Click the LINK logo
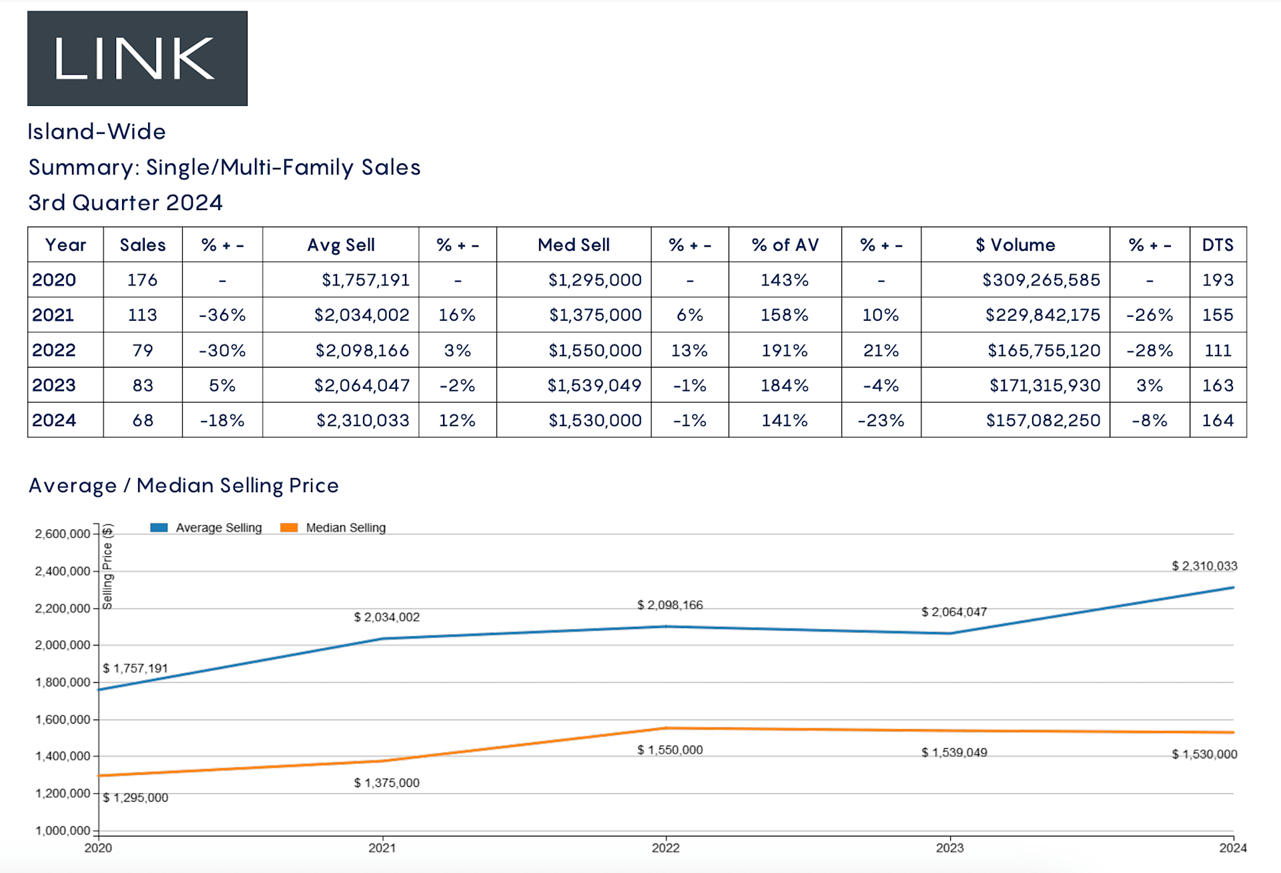[x=137, y=59]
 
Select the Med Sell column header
[x=573, y=245]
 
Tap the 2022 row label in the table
[x=54, y=350]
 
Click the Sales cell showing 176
[x=142, y=280]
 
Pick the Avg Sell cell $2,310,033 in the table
[x=362, y=420]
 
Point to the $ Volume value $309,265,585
[x=1040, y=280]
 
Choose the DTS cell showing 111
[x=1217, y=350]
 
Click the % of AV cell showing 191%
[x=784, y=350]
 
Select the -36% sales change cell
[x=222, y=315]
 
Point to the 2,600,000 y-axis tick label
[x=62, y=534]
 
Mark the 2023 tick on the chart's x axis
[x=949, y=848]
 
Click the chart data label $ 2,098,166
[x=670, y=605]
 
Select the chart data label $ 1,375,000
[x=386, y=782]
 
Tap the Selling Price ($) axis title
[x=107, y=567]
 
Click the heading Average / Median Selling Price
[x=183, y=486]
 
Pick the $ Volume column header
[x=1015, y=245]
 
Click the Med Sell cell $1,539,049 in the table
[x=594, y=385]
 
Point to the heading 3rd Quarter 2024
[x=125, y=203]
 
